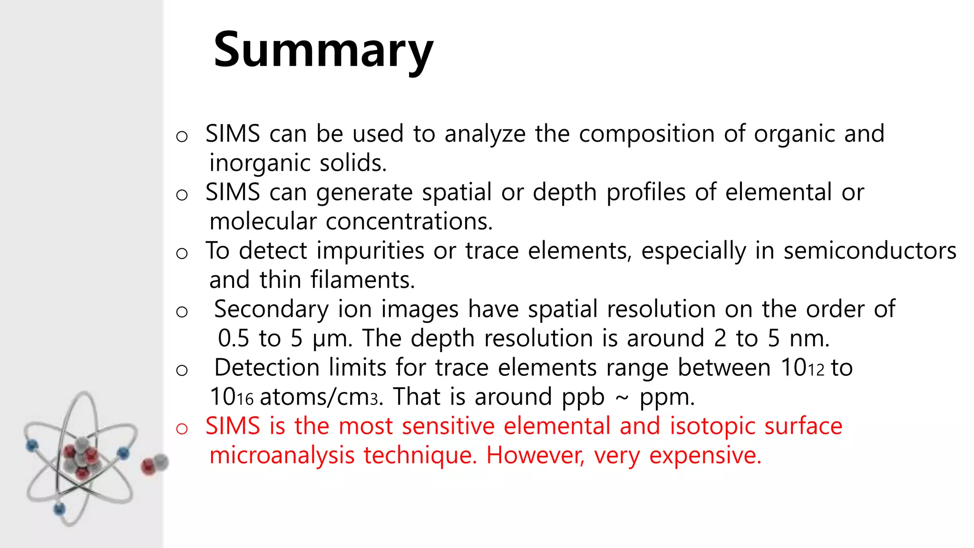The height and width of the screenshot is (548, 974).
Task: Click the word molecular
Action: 263,222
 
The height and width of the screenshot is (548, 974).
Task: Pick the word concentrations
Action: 409,222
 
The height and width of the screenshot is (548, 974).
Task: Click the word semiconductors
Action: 870,251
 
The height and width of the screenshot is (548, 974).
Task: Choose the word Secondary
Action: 271,310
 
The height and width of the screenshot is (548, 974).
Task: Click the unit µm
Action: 332,339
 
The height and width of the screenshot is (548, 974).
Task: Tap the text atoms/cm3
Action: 320,397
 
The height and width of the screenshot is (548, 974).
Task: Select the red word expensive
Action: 705,456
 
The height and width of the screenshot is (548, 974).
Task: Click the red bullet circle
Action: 182,429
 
